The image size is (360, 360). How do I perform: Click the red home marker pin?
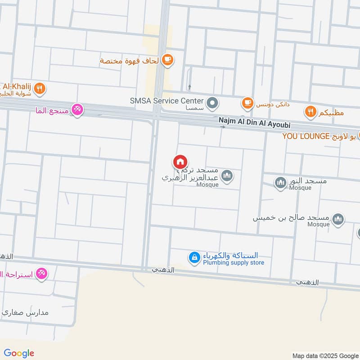tap(180, 162)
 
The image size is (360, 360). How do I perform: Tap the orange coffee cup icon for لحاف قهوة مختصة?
tap(167, 60)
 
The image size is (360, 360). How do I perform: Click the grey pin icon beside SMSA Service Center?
tap(214, 103)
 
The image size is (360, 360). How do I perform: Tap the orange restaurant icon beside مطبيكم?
tap(310, 111)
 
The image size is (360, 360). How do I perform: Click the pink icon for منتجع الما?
tap(77, 110)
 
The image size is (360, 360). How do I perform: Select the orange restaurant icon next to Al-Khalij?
tap(40, 89)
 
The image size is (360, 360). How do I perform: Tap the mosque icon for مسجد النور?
tap(281, 183)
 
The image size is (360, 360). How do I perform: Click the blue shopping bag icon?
tap(194, 258)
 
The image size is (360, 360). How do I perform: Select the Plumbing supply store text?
tap(233, 263)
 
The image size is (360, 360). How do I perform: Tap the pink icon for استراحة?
tap(41, 273)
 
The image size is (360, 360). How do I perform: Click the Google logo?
tap(19, 353)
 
